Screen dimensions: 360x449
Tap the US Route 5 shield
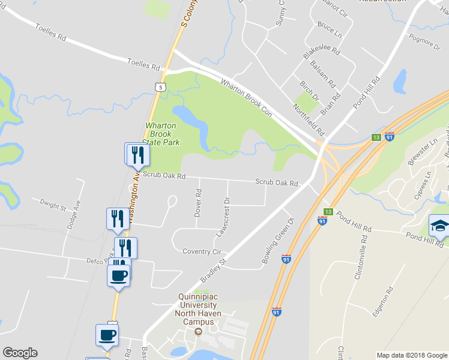159,88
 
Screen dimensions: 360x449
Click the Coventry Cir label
202,252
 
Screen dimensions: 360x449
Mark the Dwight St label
52,205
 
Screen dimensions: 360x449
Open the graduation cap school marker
439,227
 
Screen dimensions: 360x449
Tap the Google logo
20,353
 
